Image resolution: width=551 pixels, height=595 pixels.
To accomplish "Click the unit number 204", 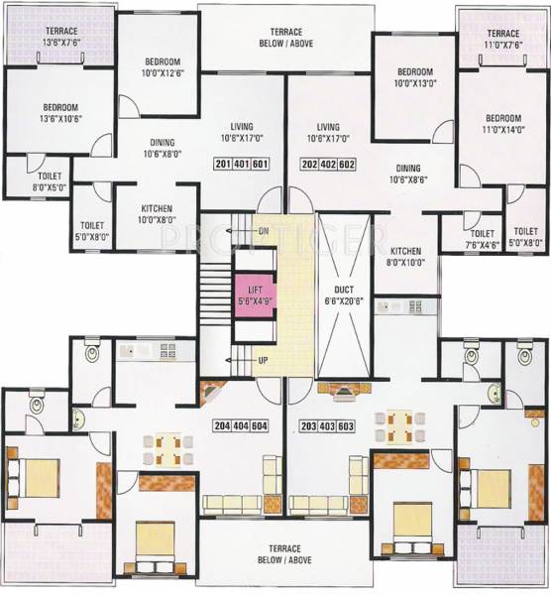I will coord(223,425).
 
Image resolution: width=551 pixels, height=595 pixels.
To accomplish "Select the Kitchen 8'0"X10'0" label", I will coord(406,257).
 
